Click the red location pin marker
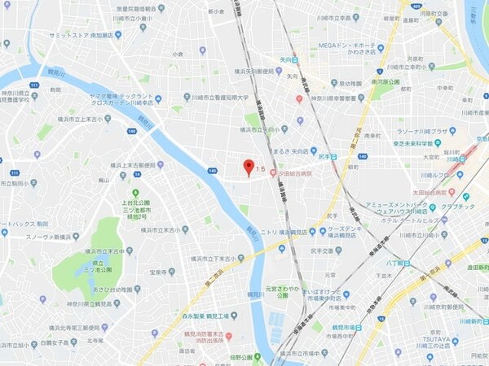click(249, 168)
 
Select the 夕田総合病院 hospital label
click(289, 172)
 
